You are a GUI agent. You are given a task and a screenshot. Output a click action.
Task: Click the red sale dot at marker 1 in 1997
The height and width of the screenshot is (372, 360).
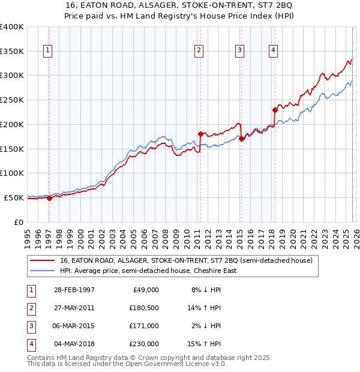coord(49,198)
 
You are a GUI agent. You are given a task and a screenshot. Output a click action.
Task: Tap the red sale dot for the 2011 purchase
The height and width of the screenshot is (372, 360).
coord(200,133)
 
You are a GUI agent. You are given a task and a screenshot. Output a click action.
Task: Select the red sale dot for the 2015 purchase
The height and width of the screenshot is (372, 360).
coord(241,138)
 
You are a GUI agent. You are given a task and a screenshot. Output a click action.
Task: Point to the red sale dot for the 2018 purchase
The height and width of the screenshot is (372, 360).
coord(275,110)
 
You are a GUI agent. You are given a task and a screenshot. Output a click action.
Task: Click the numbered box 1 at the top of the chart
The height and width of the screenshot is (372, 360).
coord(47,51)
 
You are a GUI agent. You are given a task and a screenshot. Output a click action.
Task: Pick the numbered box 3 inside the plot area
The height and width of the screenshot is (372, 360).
coord(239,51)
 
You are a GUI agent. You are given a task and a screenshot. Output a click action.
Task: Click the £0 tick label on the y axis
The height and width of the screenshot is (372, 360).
coord(18,222)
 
